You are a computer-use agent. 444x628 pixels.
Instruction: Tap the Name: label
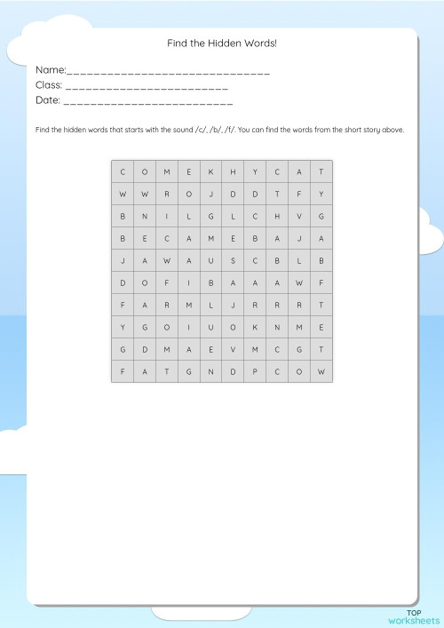point(51,69)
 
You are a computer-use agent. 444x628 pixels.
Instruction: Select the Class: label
point(49,85)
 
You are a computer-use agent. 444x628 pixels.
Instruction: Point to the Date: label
point(48,101)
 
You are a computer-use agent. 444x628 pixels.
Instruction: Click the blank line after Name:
point(169,71)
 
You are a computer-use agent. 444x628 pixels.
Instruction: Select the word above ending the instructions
point(392,130)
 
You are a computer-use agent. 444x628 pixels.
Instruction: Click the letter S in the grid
point(233,260)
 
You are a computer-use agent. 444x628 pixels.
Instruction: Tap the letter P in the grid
point(255,371)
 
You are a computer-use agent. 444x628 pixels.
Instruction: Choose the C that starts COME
point(122,171)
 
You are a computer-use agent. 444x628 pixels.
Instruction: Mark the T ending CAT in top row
point(321,171)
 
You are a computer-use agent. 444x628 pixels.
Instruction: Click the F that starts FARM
point(122,305)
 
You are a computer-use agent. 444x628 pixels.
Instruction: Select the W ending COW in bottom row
point(321,371)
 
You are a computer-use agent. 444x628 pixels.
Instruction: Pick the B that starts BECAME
point(122,238)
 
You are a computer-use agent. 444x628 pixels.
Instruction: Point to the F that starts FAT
point(122,371)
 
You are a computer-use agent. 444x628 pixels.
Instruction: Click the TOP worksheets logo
point(413,616)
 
